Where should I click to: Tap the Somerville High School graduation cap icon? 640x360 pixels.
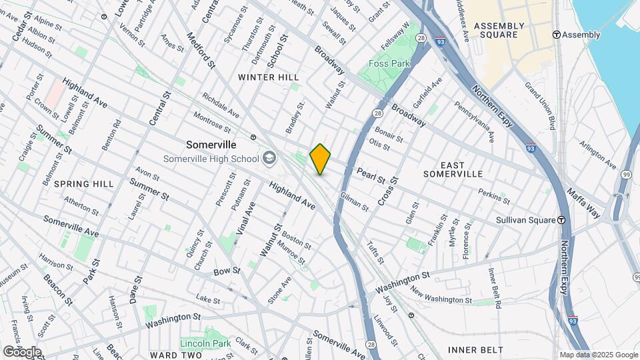click(x=269, y=158)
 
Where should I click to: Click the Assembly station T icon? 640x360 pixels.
click(x=556, y=35)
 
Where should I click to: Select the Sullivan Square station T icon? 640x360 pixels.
click(x=562, y=219)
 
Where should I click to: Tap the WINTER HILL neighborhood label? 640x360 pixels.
click(x=269, y=77)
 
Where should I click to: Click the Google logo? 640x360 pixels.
click(x=21, y=352)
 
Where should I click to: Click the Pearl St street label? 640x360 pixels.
click(x=371, y=176)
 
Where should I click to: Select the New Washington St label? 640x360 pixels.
click(x=441, y=295)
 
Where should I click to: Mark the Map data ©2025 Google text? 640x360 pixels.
click(x=598, y=355)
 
